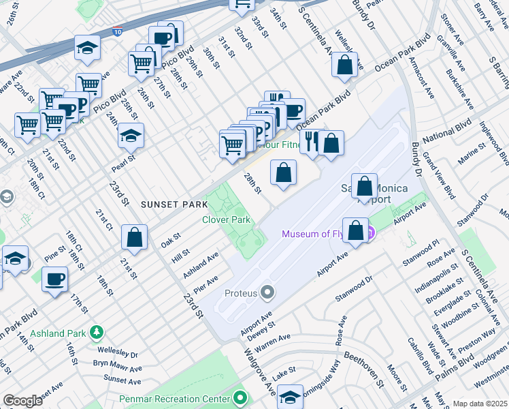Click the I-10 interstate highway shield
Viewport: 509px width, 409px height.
[118, 31]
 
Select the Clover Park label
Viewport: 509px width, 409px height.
[227, 219]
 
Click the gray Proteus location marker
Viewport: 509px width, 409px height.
[267, 293]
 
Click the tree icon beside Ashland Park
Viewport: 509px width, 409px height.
[97, 332]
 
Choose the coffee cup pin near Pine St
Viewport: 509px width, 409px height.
[54, 279]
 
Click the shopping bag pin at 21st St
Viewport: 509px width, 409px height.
[135, 237]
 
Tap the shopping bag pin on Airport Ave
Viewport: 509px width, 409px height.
[355, 230]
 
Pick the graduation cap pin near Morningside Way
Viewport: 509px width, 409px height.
[291, 397]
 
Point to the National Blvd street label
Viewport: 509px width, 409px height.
[446, 132]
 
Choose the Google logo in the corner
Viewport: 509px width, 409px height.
[22, 401]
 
